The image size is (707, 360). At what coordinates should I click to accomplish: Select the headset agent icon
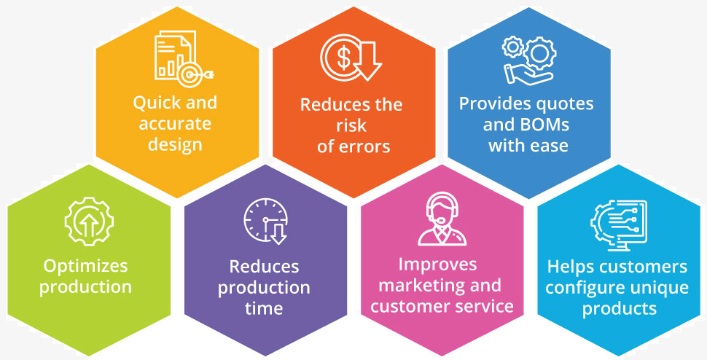pos(442,219)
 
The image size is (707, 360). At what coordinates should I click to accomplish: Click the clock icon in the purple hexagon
pos(265,220)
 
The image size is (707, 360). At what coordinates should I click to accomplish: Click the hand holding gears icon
pos(528,60)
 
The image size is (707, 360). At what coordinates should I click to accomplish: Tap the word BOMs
pos(547,125)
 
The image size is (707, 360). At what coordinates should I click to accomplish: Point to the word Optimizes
pos(86,266)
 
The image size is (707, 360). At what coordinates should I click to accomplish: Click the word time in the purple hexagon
pos(264,308)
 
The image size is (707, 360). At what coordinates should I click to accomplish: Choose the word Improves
pos(437,265)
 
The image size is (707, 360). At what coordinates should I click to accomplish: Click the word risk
pos(351,125)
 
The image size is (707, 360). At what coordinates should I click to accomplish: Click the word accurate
pos(175,124)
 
